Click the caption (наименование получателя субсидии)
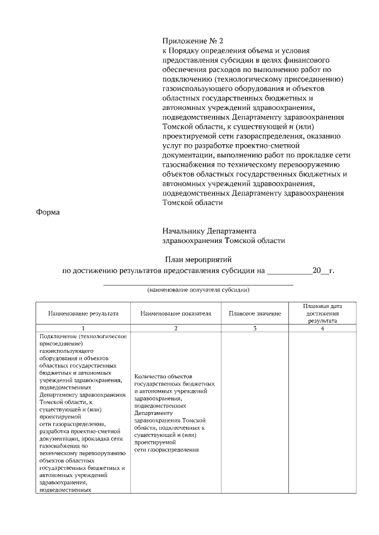pos(198,290)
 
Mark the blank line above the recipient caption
pos(198,284)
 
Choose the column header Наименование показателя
pos(176,313)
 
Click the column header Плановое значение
pos(255,313)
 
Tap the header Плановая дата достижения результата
pos(322,313)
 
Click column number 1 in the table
pos(83,328)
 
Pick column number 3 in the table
pos(255,328)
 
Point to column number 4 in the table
pos(322,328)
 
